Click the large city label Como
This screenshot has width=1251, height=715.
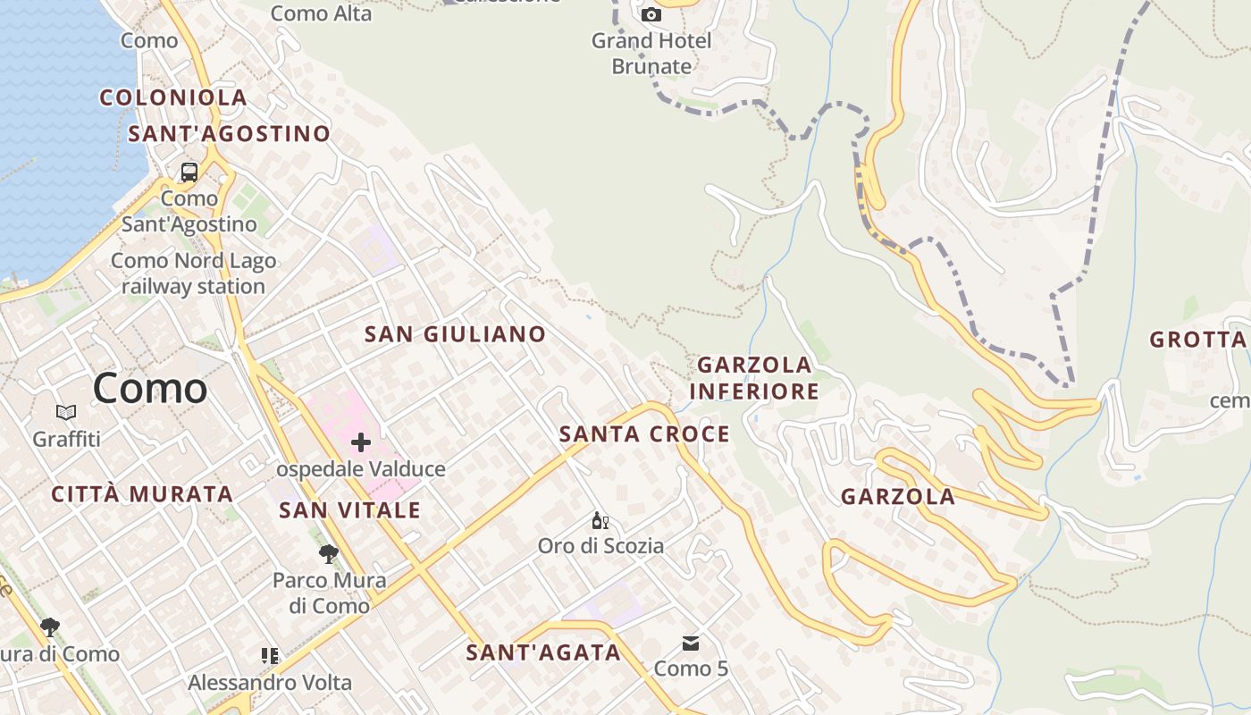(x=150, y=389)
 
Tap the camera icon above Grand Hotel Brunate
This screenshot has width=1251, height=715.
(x=651, y=14)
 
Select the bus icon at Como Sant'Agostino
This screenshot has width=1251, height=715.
(x=189, y=172)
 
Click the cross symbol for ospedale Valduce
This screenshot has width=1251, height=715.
(x=361, y=442)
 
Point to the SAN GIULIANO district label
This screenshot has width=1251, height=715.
(x=455, y=334)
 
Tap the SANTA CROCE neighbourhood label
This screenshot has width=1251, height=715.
(x=644, y=434)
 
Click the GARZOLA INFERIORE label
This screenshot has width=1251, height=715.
(x=754, y=378)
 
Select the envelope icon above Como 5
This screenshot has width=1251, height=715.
(x=691, y=643)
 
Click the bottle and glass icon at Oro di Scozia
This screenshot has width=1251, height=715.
(x=600, y=520)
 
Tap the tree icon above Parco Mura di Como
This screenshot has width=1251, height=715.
(x=329, y=554)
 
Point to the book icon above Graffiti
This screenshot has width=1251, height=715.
(x=66, y=413)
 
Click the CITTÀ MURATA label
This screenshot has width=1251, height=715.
(x=142, y=494)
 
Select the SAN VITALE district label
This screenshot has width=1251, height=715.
(x=349, y=510)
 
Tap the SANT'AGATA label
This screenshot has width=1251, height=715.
(x=543, y=652)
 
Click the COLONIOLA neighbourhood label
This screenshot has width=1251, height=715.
(x=173, y=98)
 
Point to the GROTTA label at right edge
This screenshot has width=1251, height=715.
(x=1197, y=340)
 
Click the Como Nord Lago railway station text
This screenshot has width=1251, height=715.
(x=194, y=273)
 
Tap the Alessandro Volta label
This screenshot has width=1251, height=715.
(x=270, y=683)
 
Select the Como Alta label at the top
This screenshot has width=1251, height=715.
(x=321, y=13)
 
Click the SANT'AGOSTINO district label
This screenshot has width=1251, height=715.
(x=230, y=134)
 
